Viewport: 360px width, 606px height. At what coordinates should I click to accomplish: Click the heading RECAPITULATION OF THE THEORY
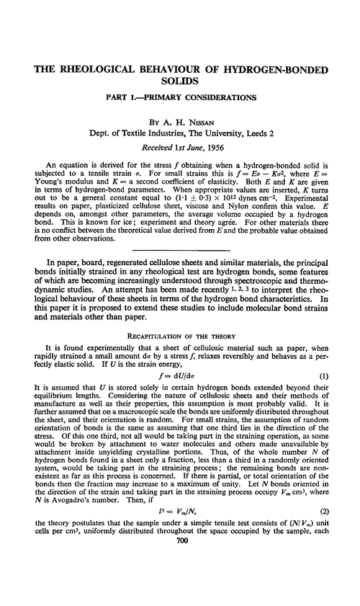coord(179,335)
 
